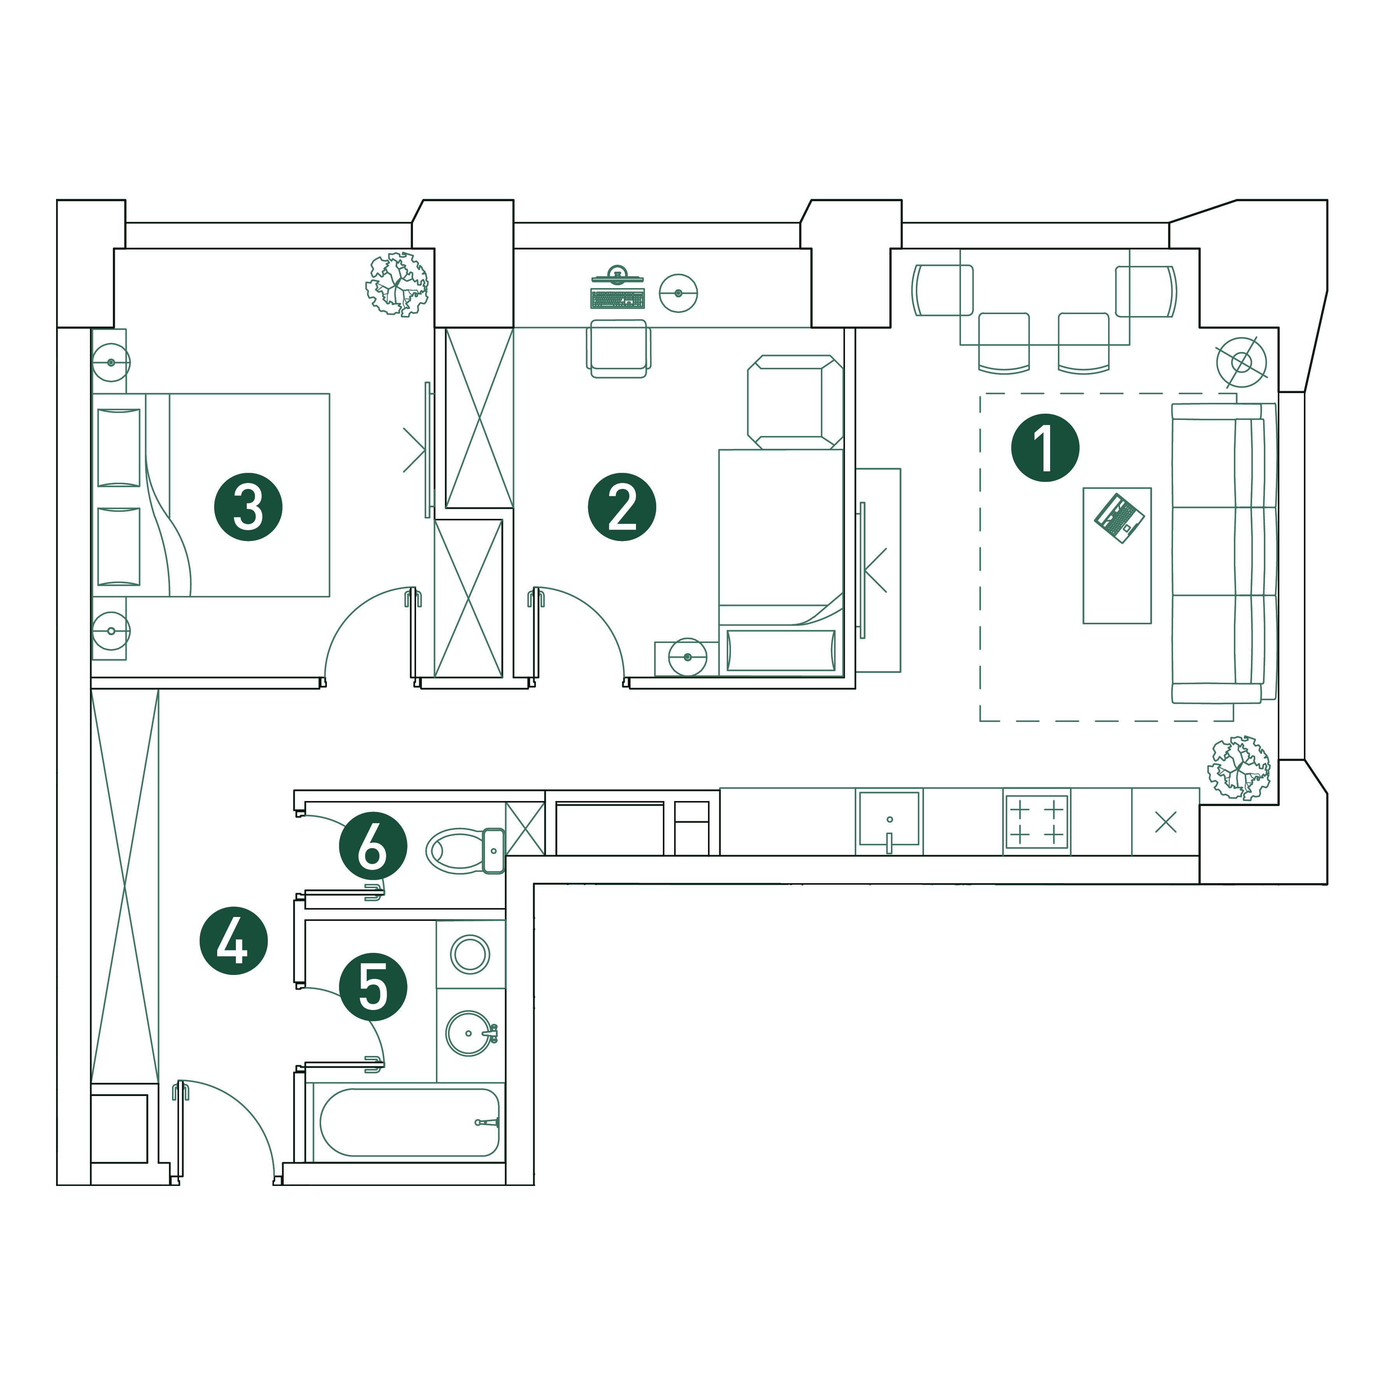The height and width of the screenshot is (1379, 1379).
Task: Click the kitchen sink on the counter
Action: [889, 819]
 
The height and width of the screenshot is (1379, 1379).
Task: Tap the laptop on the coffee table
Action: [1119, 518]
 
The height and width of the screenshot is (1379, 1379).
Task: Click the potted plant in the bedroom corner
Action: [397, 283]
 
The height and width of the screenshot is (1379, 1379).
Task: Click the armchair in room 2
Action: [794, 402]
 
